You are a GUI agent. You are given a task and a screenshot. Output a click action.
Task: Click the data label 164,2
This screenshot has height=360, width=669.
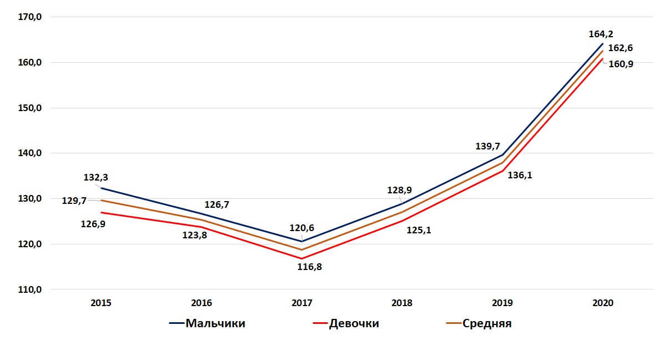pyautogui.click(x=601, y=34)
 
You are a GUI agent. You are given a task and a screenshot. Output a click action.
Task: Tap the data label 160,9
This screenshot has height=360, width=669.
pyautogui.click(x=621, y=63)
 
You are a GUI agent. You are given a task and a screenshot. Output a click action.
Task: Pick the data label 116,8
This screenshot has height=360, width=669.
pyautogui.click(x=310, y=267)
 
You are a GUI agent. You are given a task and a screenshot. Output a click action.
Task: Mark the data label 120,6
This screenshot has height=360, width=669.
pyautogui.click(x=301, y=228)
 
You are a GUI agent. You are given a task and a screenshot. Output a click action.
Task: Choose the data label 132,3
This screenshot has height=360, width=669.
pyautogui.click(x=96, y=178)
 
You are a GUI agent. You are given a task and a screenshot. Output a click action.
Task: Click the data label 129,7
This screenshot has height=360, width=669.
pyautogui.click(x=74, y=201)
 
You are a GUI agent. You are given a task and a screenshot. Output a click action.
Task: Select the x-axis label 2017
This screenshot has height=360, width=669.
pyautogui.click(x=301, y=303)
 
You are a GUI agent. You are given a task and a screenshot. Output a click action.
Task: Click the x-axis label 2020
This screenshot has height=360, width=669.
pyautogui.click(x=603, y=303)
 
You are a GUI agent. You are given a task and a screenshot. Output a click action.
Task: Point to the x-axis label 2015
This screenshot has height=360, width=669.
pyautogui.click(x=101, y=303)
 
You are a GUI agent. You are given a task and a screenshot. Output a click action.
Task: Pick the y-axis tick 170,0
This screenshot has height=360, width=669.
pyautogui.click(x=31, y=17)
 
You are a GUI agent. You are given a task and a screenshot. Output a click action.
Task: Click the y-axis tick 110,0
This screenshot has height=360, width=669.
pyautogui.click(x=31, y=289)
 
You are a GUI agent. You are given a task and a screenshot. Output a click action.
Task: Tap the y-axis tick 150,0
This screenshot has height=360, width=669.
pyautogui.click(x=31, y=108)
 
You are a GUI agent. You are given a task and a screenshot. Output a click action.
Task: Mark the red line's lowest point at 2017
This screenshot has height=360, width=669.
pyautogui.click(x=301, y=258)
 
